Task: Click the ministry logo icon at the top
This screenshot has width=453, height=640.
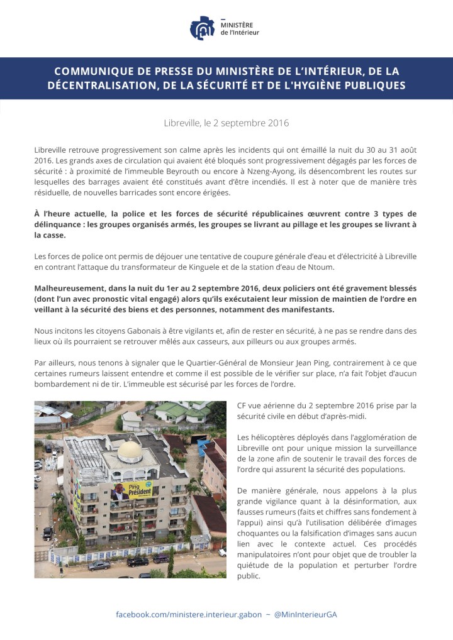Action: tap(202, 28)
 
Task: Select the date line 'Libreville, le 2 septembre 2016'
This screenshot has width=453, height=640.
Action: tap(226, 123)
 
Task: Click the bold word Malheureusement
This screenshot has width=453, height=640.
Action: tap(72, 288)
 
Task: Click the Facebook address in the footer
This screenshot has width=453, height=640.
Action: tap(189, 614)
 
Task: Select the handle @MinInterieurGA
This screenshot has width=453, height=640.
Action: tap(306, 614)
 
